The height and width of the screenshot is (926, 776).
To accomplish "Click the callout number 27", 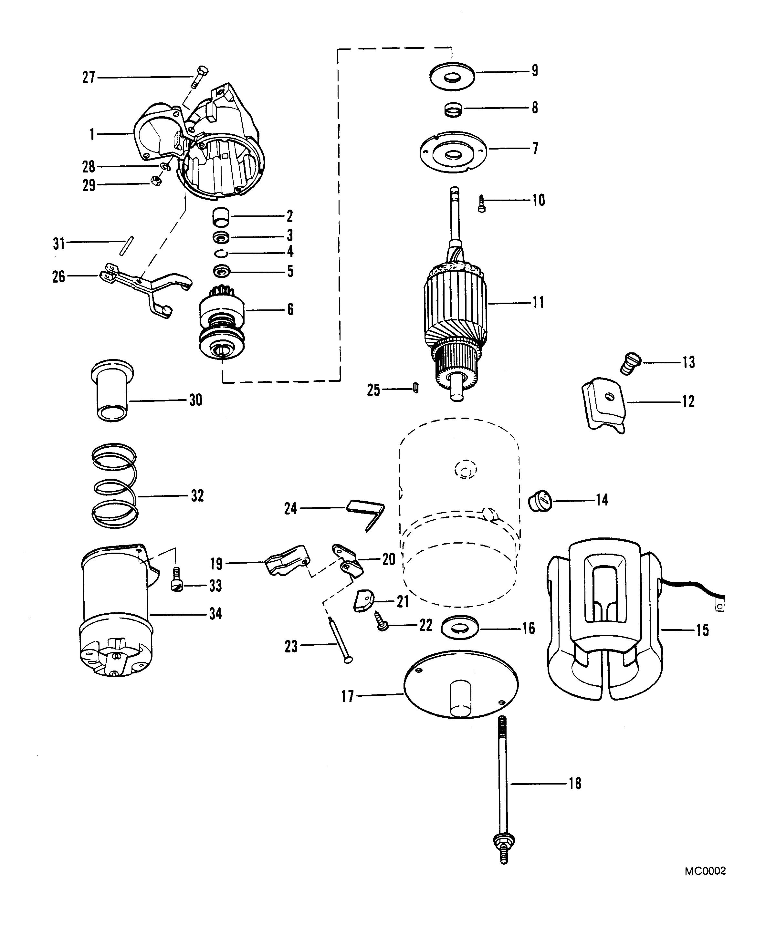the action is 89,78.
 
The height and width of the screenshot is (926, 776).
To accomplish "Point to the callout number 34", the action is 215,613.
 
